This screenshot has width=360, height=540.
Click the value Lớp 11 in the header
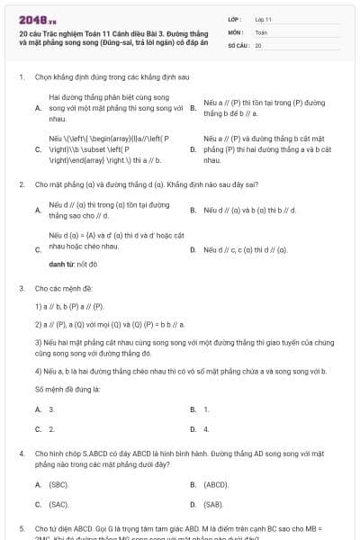(263, 18)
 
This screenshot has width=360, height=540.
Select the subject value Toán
(260, 31)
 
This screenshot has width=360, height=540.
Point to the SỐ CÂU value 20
(258, 44)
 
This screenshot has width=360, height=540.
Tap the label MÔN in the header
(237, 31)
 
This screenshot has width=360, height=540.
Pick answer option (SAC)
(59, 504)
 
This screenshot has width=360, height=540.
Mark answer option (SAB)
(215, 504)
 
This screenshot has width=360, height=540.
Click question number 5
(21, 528)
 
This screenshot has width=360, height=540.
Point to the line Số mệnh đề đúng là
(62, 389)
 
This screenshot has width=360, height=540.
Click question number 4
(21, 454)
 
